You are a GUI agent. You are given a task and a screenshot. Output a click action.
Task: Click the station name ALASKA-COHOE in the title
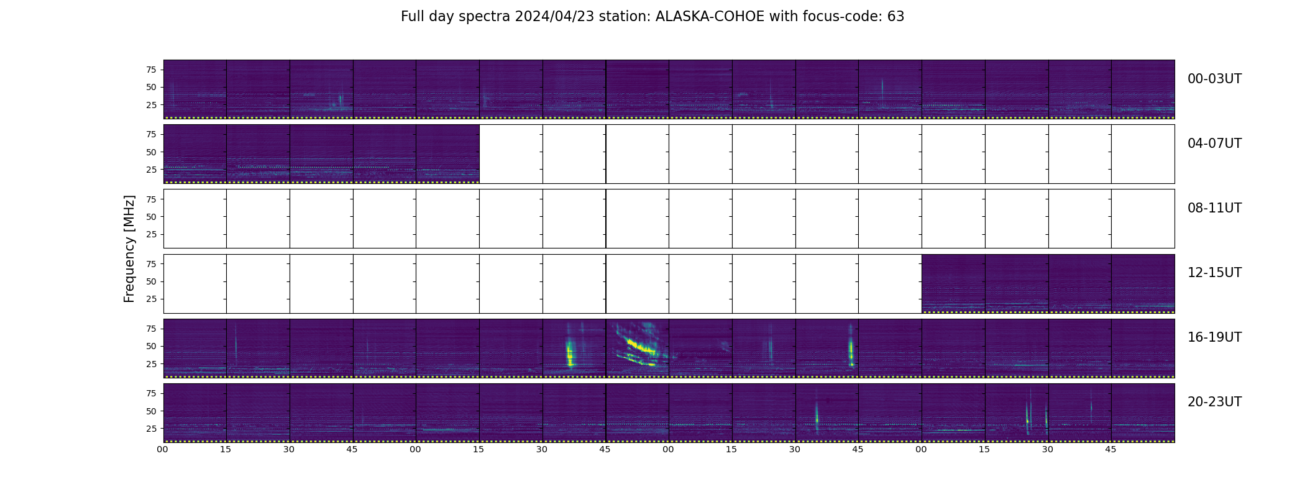point(710,17)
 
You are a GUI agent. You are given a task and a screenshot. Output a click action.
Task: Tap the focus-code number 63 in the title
point(895,17)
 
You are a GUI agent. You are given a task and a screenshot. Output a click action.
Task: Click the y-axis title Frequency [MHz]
point(129,249)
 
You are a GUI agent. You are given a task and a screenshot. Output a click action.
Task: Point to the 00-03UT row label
point(1214,79)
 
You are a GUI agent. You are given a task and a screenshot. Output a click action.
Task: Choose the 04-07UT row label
point(1214,144)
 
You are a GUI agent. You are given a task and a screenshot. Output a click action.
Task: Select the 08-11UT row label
point(1214,208)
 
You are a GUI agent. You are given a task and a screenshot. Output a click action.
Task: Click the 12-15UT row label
point(1214,273)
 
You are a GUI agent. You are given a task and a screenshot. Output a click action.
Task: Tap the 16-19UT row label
point(1214,337)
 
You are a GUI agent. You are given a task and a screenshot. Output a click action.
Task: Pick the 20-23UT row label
point(1214,402)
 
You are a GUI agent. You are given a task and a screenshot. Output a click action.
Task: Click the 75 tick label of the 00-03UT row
point(151,70)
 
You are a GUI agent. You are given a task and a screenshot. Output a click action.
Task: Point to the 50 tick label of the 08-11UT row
point(151,217)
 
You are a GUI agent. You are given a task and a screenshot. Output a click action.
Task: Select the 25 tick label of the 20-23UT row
point(151,429)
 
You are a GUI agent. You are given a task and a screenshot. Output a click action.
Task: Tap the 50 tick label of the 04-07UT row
point(151,152)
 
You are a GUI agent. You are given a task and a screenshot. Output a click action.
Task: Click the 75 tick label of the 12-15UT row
point(151,264)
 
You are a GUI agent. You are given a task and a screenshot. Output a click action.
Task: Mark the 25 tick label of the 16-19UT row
point(151,364)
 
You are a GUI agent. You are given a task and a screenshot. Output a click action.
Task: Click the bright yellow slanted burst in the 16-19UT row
point(640,346)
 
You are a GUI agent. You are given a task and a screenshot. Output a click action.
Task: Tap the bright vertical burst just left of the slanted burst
point(570,353)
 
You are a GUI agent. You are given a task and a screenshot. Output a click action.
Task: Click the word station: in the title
point(625,17)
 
